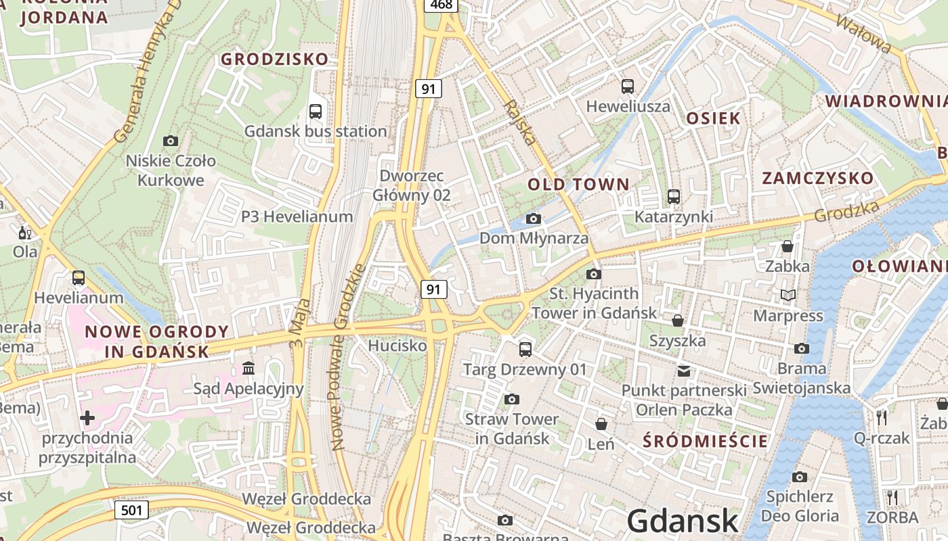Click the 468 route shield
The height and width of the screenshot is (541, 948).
point(441,5)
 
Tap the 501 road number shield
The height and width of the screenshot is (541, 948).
point(131,509)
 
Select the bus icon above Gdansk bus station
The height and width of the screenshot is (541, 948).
point(316,112)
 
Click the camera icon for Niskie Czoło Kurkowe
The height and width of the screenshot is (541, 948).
point(171,141)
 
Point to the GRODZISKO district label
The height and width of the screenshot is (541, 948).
point(275,60)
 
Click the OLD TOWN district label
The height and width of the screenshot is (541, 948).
point(578,184)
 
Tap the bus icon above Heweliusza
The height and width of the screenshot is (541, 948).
point(628,87)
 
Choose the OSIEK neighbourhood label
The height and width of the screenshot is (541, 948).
point(713,118)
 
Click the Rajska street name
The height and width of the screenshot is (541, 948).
point(520,122)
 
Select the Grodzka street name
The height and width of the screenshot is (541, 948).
point(846,211)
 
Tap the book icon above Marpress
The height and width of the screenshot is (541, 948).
point(788,295)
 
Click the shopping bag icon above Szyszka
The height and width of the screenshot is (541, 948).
point(677,320)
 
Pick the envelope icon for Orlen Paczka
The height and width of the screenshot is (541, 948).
point(684,371)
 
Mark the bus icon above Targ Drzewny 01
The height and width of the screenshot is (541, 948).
point(525,350)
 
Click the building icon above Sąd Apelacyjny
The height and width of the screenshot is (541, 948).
point(249,369)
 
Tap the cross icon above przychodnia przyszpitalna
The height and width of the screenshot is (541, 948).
point(87,418)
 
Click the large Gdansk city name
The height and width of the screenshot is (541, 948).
point(682,521)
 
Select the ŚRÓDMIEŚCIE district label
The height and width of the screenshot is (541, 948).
point(706,442)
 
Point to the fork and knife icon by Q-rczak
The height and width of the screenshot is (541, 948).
point(882,417)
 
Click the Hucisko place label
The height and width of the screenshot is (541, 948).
point(397,346)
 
